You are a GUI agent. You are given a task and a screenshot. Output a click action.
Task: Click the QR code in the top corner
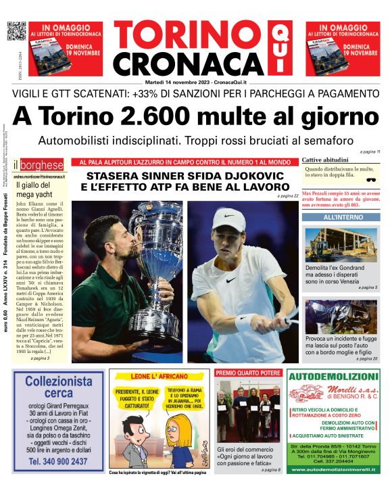(x=16, y=31)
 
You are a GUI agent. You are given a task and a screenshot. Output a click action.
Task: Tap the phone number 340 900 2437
(x=58, y=461)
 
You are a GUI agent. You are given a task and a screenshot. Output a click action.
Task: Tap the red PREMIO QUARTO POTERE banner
(x=247, y=373)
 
